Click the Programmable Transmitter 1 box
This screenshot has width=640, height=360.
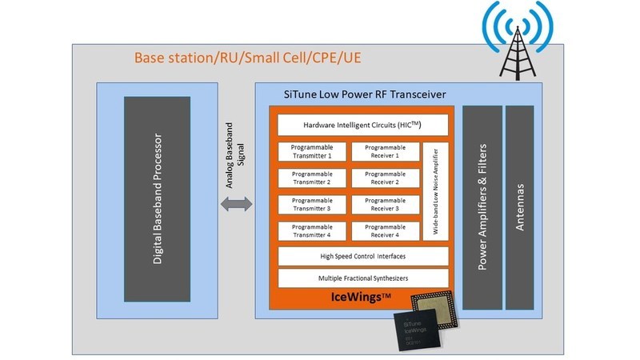point(312,152)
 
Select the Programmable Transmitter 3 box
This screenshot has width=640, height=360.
point(312,205)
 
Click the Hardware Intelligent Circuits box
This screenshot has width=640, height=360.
point(362,126)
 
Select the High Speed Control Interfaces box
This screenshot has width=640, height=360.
point(362,256)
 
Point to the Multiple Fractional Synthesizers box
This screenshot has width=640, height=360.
point(362,278)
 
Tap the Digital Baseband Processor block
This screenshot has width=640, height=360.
point(157,204)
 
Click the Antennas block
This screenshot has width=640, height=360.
point(519,208)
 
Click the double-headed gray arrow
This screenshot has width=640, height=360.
point(237,205)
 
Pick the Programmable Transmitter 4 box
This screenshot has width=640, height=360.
point(312,231)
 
